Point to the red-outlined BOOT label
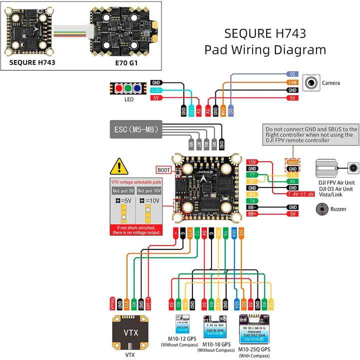point(163,169)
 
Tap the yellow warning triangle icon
point(119,166)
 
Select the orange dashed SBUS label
point(293,162)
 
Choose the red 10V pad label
point(252,162)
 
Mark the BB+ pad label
point(252,213)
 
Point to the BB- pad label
point(252,207)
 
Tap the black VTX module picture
point(129,332)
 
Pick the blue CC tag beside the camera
point(293,74)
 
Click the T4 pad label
point(252,200)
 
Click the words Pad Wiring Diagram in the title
point(265,50)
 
